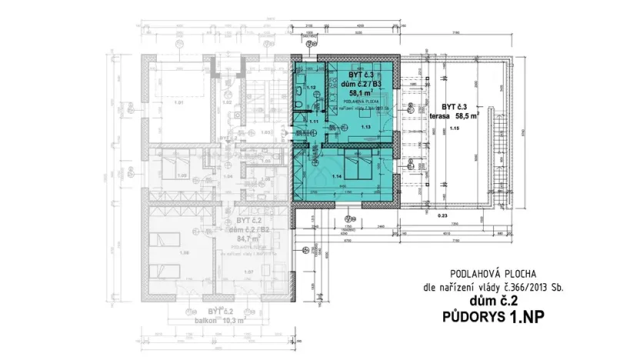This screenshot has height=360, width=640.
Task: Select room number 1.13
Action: point(366,127)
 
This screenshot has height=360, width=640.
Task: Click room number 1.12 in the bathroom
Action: point(312,87)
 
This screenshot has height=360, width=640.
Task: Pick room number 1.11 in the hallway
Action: point(314,122)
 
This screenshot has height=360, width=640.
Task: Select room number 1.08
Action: point(183,252)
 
